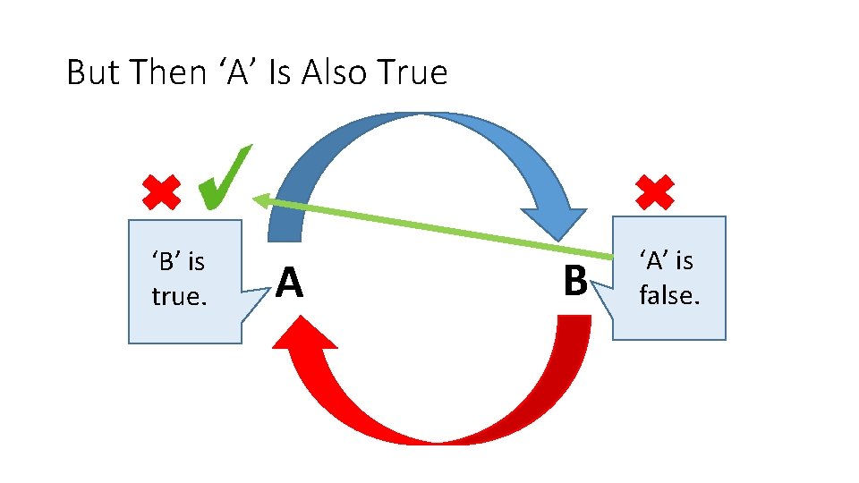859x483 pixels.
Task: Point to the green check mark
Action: pyautogui.click(x=223, y=178)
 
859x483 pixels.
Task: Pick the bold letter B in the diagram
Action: pyautogui.click(x=575, y=280)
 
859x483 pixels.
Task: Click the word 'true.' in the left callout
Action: pyautogui.click(x=179, y=296)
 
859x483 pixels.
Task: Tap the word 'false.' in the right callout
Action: pyautogui.click(x=669, y=294)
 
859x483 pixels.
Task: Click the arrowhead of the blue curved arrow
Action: pyautogui.click(x=553, y=224)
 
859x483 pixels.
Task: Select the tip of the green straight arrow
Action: pyautogui.click(x=256, y=200)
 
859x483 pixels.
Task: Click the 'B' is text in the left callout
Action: pyautogui.click(x=179, y=262)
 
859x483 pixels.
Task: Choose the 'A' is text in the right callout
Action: pyautogui.click(x=667, y=260)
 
